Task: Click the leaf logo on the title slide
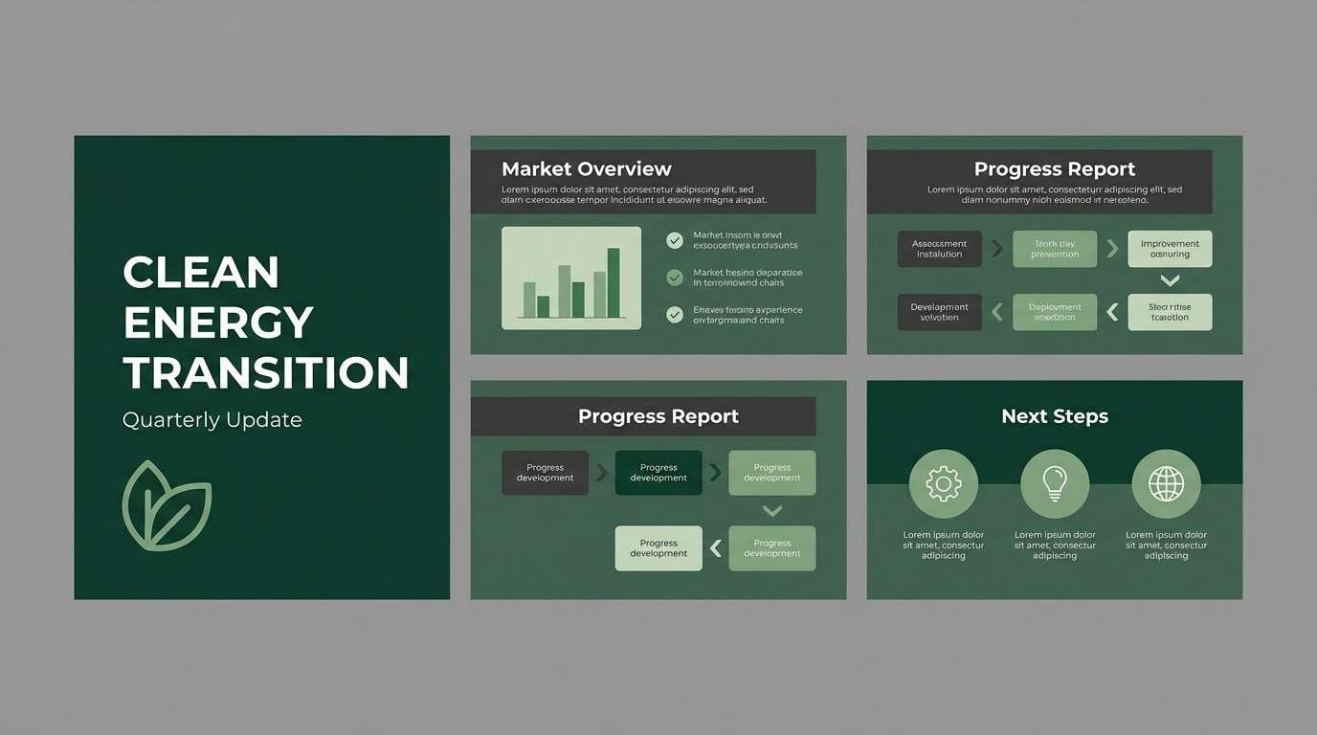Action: tap(167, 505)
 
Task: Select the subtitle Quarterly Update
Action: tap(212, 419)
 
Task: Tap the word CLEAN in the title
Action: tap(201, 273)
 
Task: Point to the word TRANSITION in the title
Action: tap(266, 372)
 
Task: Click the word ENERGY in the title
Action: tap(218, 323)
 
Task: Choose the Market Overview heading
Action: tap(586, 169)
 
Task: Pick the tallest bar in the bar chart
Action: tap(614, 282)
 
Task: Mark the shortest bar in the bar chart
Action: tap(543, 306)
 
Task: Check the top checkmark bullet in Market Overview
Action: tap(675, 240)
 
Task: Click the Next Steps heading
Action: tap(1054, 416)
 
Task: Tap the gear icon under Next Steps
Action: tap(943, 484)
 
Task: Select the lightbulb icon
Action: tap(1054, 484)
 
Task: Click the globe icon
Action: tap(1165, 484)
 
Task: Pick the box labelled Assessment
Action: tap(939, 249)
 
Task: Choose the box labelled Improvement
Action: tap(1170, 249)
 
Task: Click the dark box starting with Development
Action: tap(939, 312)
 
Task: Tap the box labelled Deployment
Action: tap(1054, 312)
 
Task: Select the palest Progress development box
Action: tap(658, 548)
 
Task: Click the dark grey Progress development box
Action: tap(545, 473)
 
